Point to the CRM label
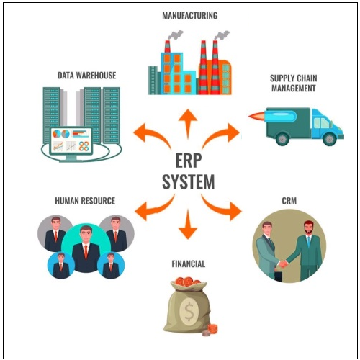(x=289, y=201)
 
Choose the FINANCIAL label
(x=188, y=264)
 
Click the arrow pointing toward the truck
(x=225, y=134)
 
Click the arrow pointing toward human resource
(x=151, y=208)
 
